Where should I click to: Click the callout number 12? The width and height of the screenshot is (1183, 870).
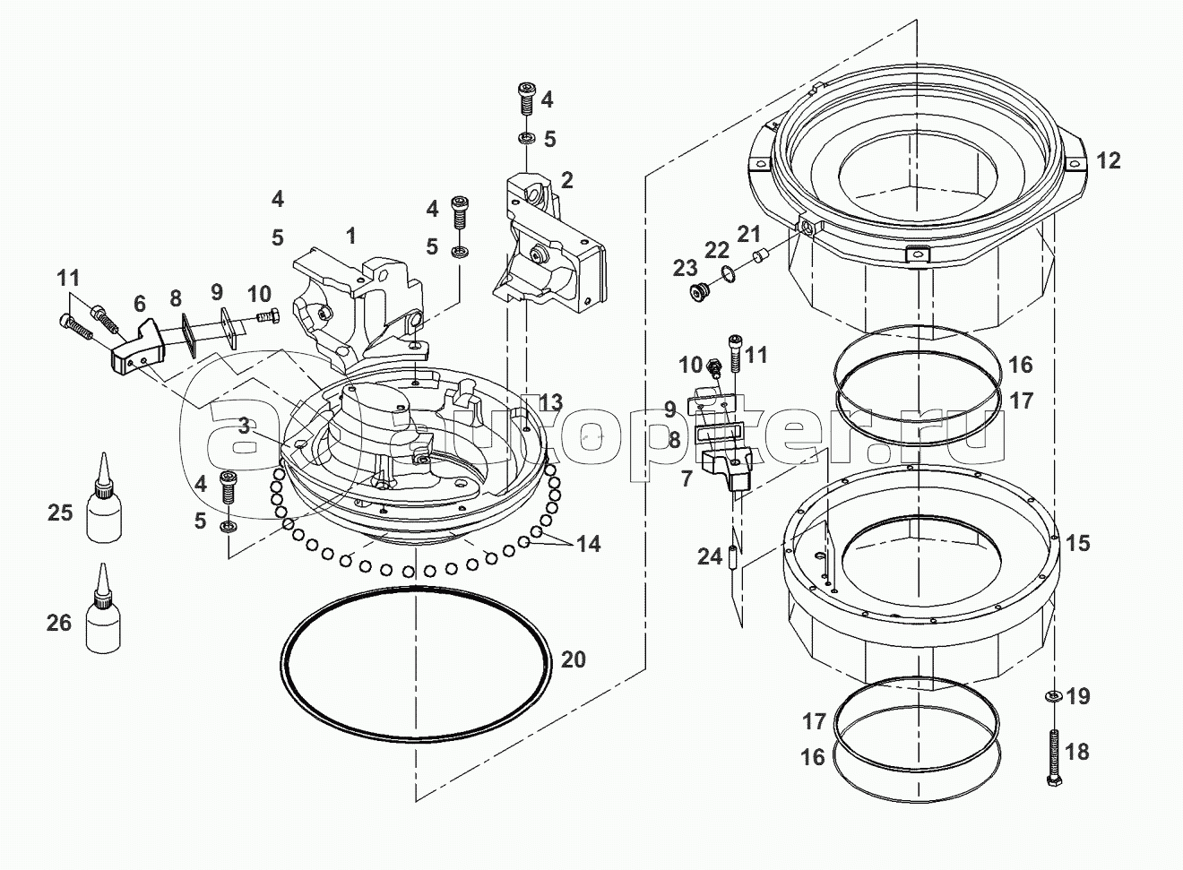1108,161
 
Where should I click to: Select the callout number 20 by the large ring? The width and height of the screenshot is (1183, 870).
574,659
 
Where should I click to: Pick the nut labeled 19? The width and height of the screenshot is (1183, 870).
1053,695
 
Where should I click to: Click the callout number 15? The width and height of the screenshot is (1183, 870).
1078,543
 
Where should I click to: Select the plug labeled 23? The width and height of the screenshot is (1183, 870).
698,292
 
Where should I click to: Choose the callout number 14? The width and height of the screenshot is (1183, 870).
588,543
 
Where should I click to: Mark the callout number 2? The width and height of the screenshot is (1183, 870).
566,180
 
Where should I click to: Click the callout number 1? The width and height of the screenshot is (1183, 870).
351,236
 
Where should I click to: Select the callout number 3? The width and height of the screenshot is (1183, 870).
245,426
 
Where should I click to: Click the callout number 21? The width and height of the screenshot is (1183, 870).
748,235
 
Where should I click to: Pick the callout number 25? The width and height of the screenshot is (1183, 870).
59,513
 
